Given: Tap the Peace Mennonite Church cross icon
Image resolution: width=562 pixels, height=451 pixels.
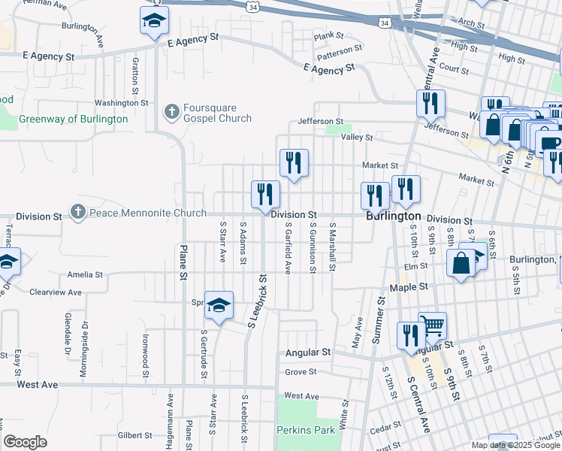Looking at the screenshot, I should (x=77, y=213).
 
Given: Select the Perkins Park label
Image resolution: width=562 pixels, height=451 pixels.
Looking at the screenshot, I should (x=304, y=430).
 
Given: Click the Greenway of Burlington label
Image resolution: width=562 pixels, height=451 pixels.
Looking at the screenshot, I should (x=73, y=119).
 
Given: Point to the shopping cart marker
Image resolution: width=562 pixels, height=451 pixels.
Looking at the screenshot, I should (x=433, y=325).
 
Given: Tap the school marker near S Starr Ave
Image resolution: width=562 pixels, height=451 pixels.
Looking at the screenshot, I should (x=219, y=305).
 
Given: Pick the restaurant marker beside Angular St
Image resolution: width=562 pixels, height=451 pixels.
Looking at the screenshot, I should (x=410, y=334).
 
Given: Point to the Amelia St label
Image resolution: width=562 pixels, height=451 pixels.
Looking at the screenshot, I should (x=83, y=274).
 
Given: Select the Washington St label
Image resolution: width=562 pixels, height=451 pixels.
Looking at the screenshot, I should (x=121, y=103).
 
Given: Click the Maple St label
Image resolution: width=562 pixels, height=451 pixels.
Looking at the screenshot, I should (x=408, y=287).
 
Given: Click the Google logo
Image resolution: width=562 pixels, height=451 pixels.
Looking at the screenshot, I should (x=25, y=442).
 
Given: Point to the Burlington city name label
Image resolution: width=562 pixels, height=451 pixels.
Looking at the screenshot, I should (x=393, y=216).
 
